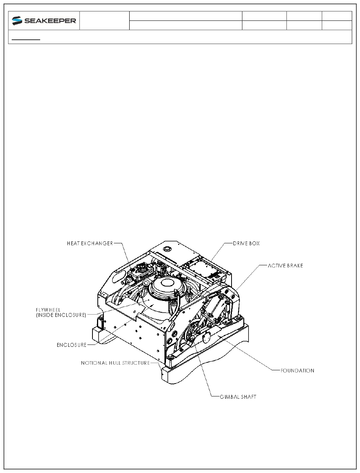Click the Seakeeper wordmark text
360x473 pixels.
click(50, 21)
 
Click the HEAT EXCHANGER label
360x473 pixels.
click(90, 243)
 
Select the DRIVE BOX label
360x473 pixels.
click(246, 243)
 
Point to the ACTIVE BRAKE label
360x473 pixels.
click(285, 266)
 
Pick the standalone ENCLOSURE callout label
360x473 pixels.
click(72, 345)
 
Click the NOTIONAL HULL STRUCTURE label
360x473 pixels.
click(115, 363)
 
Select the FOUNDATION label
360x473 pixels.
click(297, 370)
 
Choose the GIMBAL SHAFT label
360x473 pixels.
click(238, 397)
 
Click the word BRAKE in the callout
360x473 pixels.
click(294, 266)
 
